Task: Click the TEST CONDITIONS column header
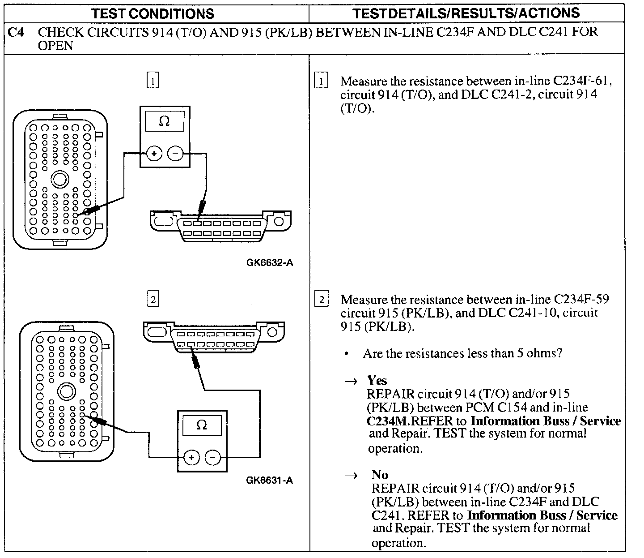click(x=153, y=13)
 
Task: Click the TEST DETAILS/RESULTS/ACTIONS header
click(x=466, y=13)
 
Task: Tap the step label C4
click(x=16, y=33)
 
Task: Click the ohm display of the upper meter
click(x=164, y=121)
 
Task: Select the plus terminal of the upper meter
click(x=154, y=154)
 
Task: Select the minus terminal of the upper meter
click(x=175, y=154)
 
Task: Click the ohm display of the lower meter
click(x=202, y=425)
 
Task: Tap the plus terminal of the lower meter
click(x=192, y=457)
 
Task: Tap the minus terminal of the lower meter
click(x=213, y=457)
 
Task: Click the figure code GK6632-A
click(x=269, y=263)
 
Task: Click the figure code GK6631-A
click(x=269, y=481)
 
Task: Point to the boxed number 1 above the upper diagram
click(x=153, y=81)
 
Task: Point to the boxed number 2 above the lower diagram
click(x=153, y=299)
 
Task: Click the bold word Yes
click(x=377, y=380)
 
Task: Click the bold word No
click(x=379, y=475)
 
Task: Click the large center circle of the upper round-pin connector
click(x=59, y=180)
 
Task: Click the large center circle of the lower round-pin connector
click(x=66, y=392)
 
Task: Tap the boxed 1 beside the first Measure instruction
click(x=321, y=82)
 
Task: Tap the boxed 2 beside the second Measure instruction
click(x=321, y=299)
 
